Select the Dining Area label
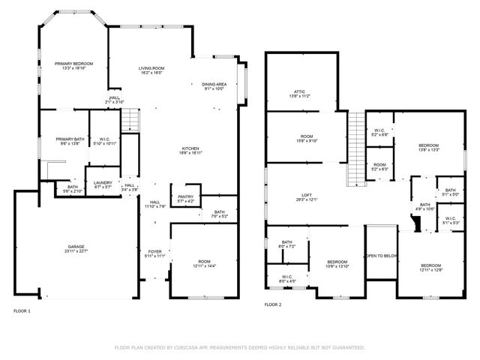click(x=214, y=86)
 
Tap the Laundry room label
click(x=103, y=184)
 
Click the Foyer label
click(x=154, y=253)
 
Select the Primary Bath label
click(x=68, y=142)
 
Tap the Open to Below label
click(x=380, y=256)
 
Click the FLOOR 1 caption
click(x=22, y=310)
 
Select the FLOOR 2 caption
click(x=273, y=305)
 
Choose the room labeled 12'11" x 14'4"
click(x=204, y=264)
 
